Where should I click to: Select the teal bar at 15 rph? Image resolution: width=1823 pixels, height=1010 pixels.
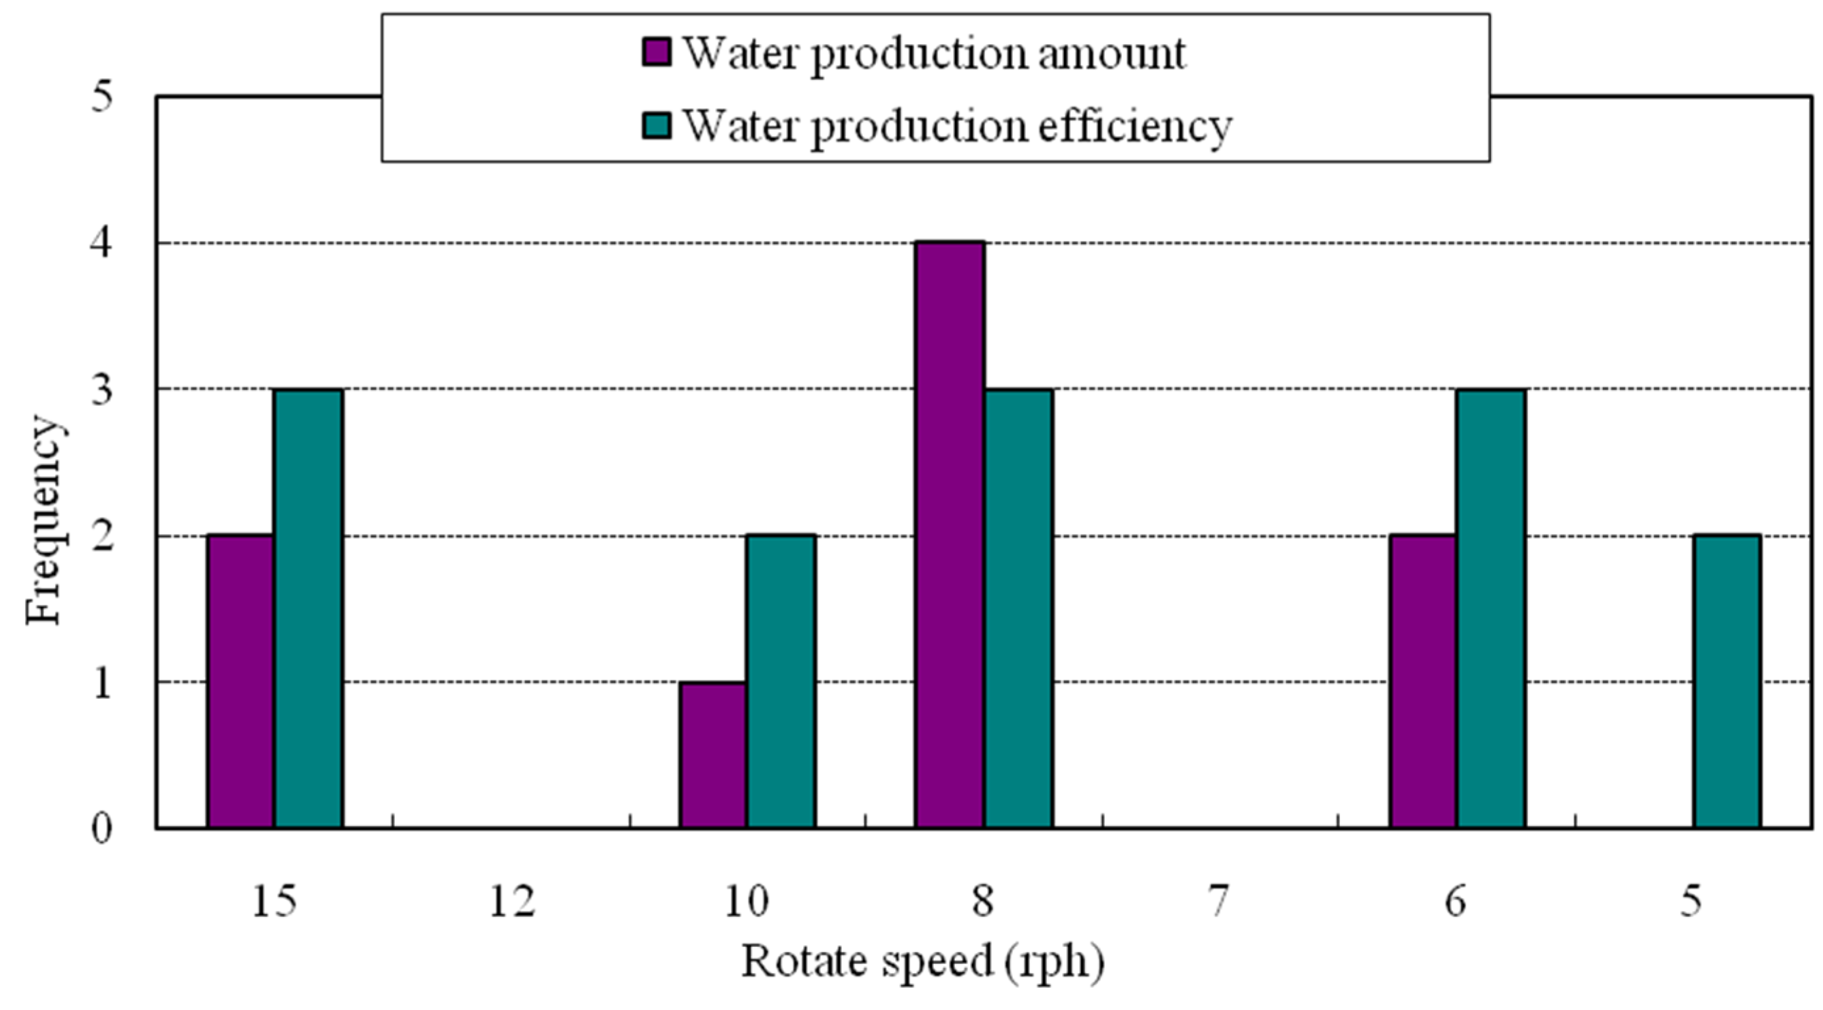[309, 608]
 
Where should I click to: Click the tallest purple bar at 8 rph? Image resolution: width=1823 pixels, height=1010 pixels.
[949, 535]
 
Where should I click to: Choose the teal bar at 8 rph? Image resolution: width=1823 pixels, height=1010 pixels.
[1018, 608]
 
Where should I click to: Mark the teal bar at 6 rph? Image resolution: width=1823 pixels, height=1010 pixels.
[1490, 608]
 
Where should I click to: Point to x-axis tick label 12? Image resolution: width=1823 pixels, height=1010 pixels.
[512, 902]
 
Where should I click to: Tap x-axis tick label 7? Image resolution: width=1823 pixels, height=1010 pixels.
[1218, 902]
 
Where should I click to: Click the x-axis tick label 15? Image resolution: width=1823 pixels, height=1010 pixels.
[275, 902]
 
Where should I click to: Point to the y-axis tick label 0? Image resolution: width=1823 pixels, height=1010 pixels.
[102, 828]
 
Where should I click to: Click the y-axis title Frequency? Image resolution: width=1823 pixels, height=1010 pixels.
[44, 521]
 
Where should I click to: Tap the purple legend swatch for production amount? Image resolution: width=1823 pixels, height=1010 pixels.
[656, 53]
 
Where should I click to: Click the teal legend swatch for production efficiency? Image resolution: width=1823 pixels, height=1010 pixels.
[656, 125]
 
